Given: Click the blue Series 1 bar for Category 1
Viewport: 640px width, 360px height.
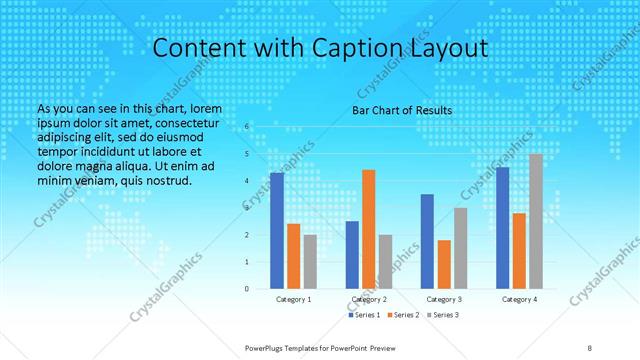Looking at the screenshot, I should [x=277, y=231].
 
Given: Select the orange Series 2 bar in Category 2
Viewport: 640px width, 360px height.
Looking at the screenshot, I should [x=369, y=229].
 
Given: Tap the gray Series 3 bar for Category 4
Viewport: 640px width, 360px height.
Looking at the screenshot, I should [x=536, y=221].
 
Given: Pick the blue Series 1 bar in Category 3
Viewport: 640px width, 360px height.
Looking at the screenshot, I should [x=427, y=241].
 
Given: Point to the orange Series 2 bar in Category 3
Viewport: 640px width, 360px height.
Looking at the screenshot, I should [x=444, y=264].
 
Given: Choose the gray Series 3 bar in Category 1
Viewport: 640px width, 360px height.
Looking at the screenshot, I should [x=310, y=261].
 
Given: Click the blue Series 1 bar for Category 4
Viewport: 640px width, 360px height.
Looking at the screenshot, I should [x=502, y=228].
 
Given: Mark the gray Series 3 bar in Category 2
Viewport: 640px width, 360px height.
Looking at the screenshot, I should [x=386, y=261].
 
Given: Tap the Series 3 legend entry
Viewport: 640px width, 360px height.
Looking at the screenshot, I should [x=442, y=315].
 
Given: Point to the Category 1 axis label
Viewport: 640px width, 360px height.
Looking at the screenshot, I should [x=294, y=299].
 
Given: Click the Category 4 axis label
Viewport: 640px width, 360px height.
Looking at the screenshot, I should [x=519, y=299].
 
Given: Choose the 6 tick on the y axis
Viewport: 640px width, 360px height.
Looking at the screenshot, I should [x=248, y=127].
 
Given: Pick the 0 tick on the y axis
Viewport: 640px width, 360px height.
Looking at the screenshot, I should [x=248, y=288].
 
